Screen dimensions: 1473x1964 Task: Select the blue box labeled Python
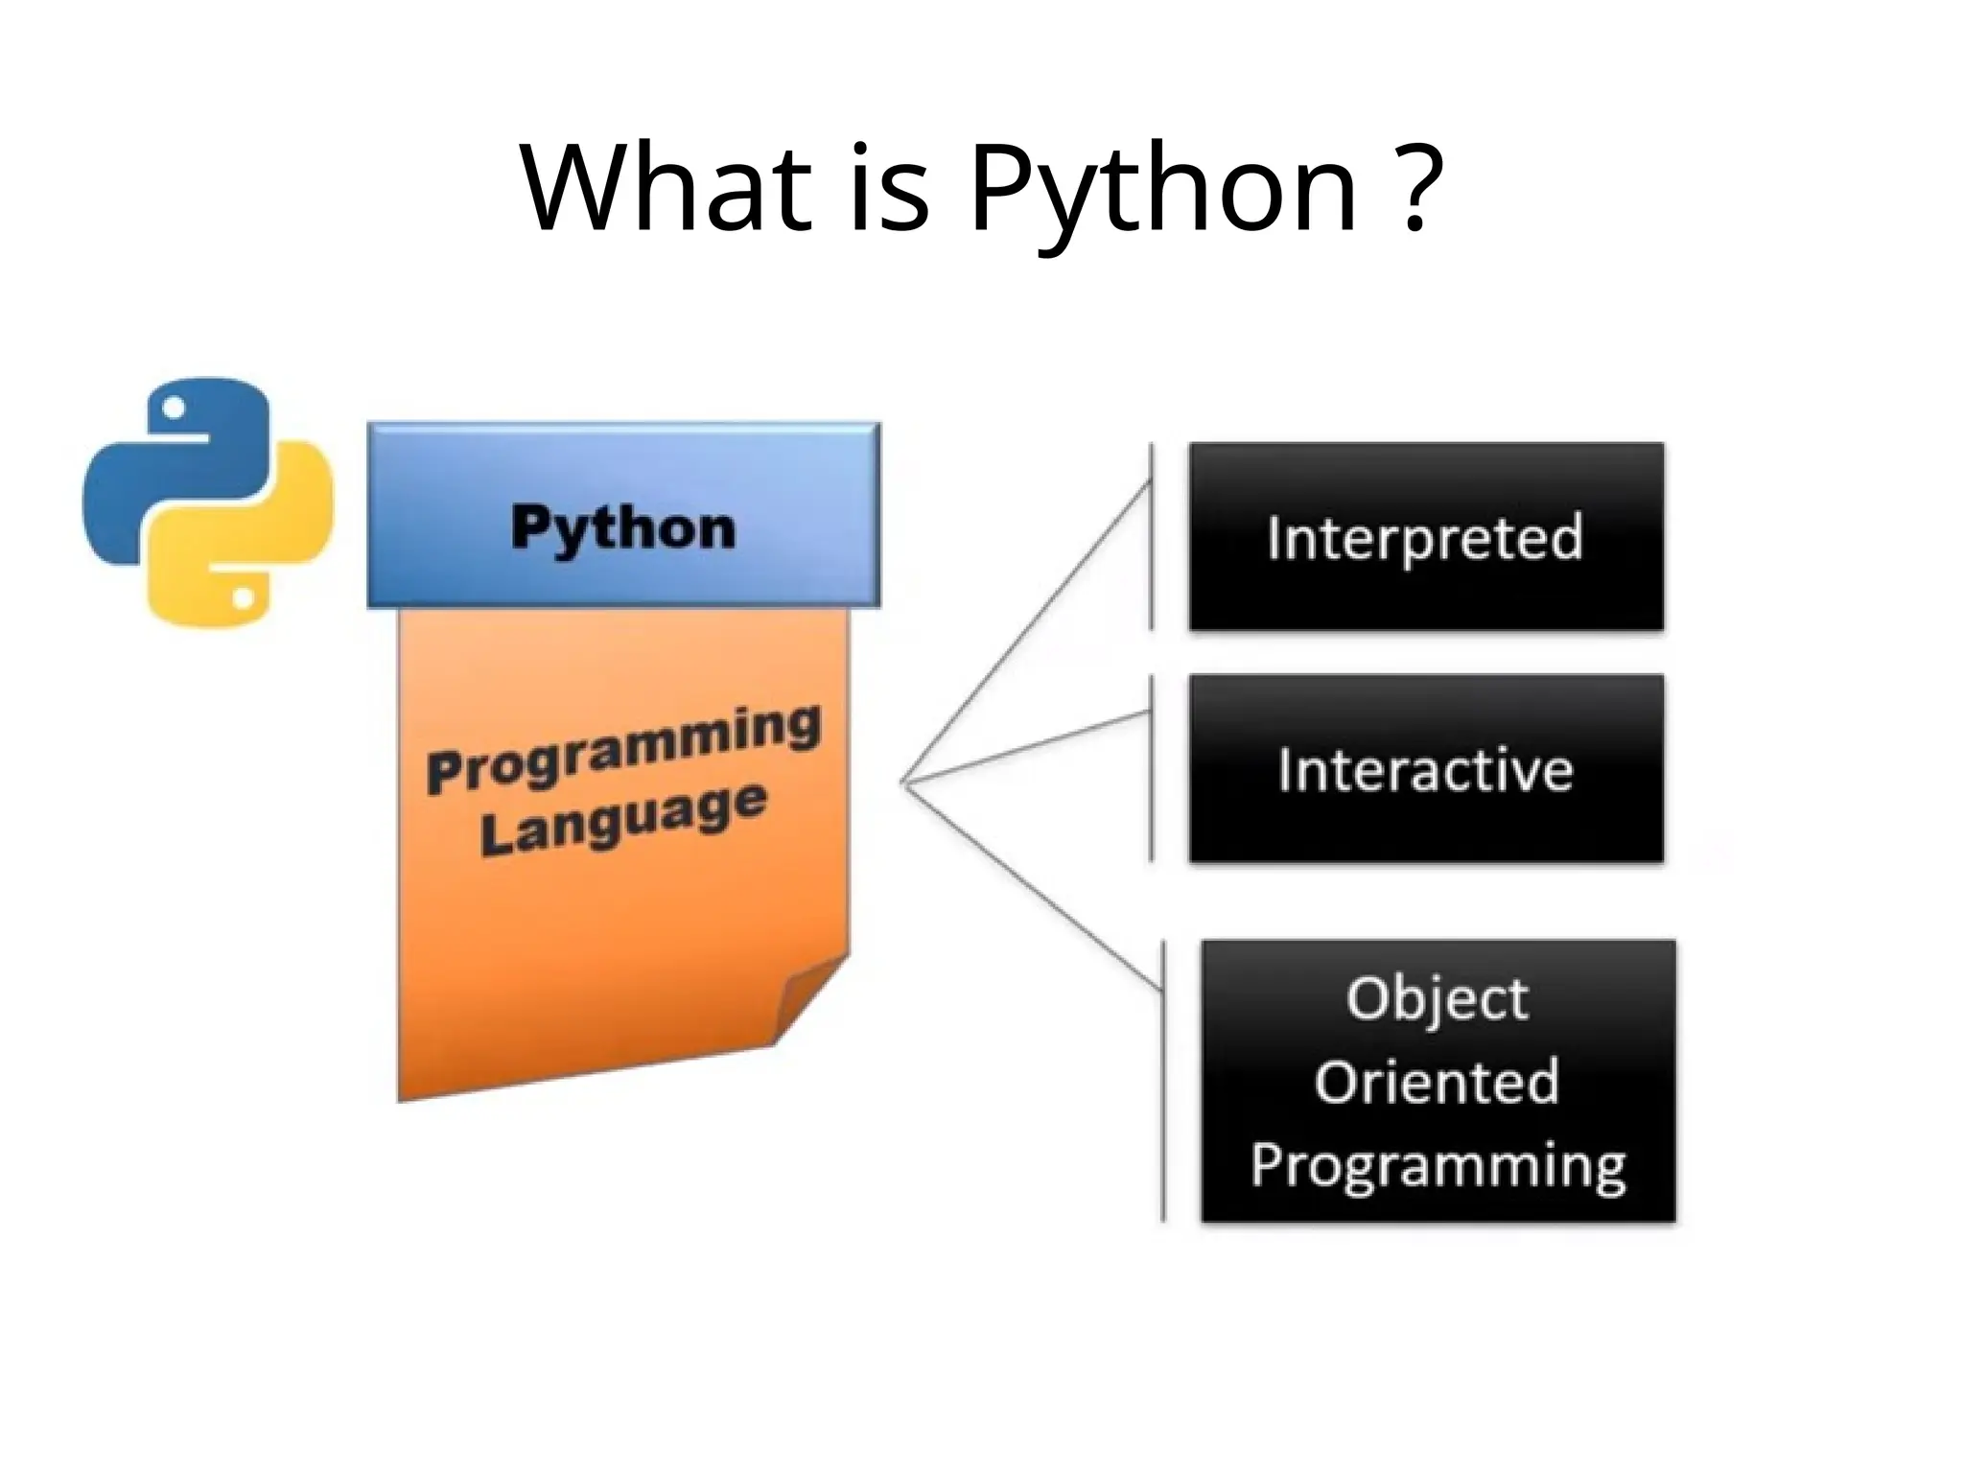coord(623,516)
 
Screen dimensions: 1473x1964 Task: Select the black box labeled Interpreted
coord(1425,536)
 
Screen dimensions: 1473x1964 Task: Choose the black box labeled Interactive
coord(1425,769)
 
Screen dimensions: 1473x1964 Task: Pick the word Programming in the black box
coord(1438,1166)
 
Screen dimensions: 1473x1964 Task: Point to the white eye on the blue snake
coord(174,408)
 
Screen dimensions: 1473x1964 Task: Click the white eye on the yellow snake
coord(244,598)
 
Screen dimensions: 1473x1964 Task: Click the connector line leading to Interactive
coord(1026,747)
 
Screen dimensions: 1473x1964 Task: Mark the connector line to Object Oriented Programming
coord(1031,883)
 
